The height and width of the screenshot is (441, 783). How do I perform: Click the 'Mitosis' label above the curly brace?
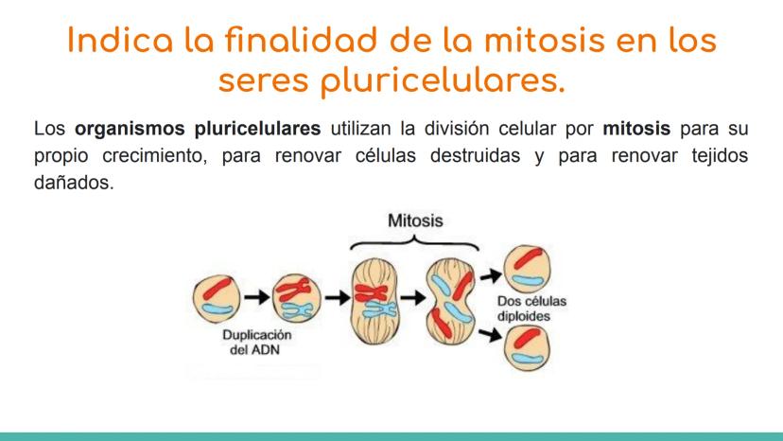416,220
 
